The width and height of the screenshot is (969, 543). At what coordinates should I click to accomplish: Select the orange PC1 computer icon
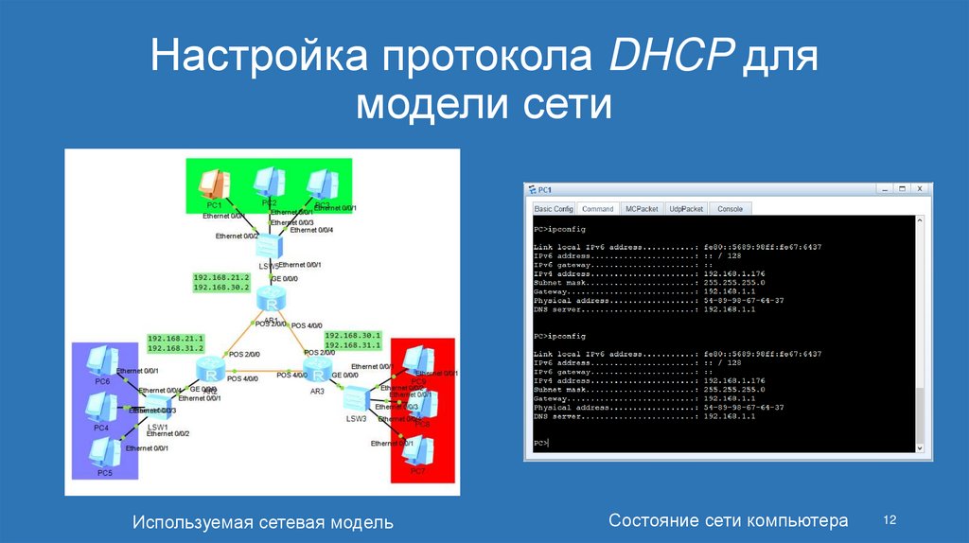215,182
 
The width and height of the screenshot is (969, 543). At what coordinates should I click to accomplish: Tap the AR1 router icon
272,303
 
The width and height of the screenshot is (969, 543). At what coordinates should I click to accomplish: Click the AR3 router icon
315,369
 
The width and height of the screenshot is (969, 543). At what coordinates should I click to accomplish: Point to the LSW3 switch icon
357,401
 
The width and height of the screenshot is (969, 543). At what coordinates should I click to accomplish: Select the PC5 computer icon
102,452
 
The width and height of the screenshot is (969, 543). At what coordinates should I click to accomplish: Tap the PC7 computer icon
413,450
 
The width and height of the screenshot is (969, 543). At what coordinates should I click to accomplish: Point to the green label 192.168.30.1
352,335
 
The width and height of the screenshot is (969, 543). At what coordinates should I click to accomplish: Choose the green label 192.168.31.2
176,347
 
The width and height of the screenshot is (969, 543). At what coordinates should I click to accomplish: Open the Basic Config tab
554,208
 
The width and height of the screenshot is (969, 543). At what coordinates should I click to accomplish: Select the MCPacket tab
643,208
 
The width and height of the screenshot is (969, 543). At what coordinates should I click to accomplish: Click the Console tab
730,208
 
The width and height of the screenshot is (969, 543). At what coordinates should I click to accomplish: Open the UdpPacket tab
686,208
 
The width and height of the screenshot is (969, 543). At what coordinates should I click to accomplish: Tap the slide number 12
889,519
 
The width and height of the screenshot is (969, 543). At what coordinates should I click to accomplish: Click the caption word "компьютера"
797,520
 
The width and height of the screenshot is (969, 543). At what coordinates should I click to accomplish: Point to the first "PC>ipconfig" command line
560,229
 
